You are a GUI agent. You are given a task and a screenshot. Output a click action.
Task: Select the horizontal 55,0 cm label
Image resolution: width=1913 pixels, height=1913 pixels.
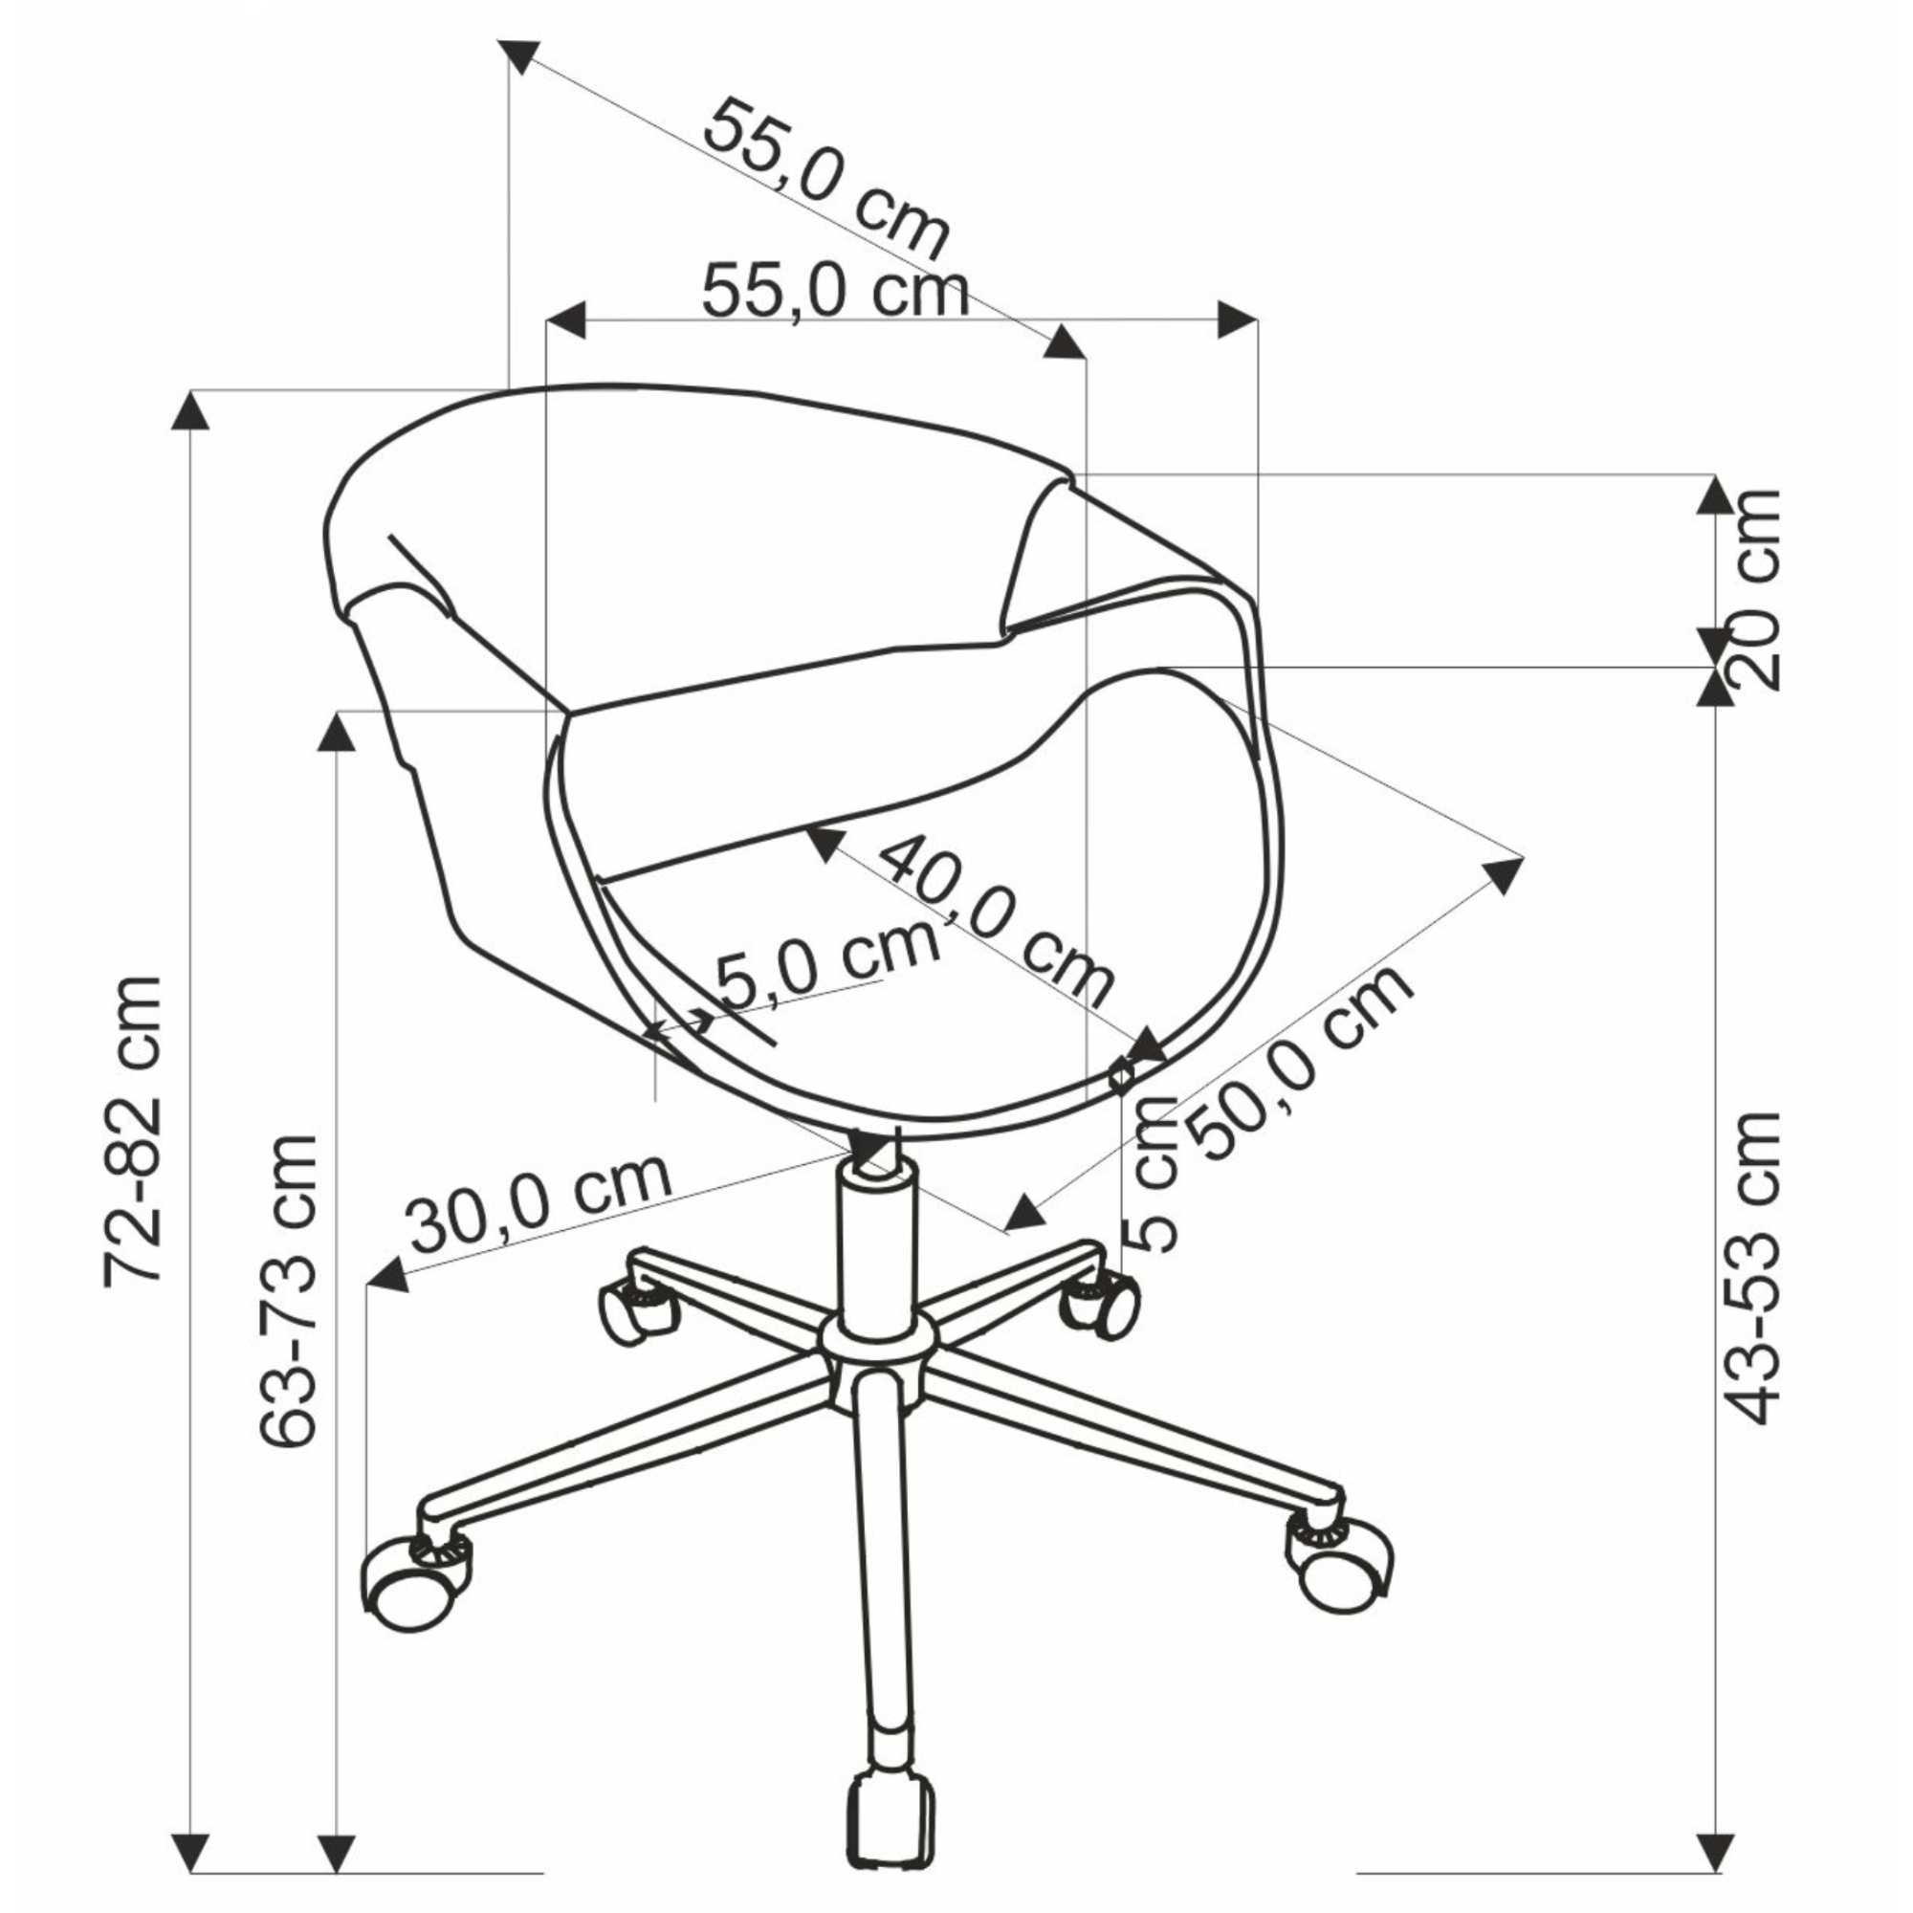835,291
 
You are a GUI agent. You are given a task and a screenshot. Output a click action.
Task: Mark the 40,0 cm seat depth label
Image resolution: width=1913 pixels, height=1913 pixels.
995,919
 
